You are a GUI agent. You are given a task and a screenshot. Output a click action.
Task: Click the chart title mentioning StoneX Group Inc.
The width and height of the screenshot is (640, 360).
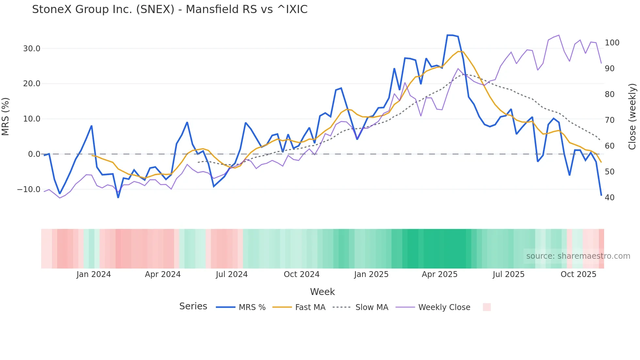170,9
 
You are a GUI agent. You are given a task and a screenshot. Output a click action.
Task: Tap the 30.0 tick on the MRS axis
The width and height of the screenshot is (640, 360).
32,49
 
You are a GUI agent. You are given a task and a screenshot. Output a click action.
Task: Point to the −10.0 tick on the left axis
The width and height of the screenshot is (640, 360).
29,189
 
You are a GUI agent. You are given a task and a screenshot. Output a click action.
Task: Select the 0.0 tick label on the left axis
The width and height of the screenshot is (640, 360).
34,154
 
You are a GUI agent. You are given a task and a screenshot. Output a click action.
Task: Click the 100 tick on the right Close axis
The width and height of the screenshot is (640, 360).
612,43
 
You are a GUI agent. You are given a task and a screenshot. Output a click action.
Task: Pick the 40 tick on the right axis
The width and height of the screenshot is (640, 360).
610,198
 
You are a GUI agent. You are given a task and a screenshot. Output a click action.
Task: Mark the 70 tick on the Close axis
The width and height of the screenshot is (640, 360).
610,120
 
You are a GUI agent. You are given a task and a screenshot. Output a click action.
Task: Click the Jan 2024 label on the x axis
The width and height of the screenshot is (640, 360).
94,274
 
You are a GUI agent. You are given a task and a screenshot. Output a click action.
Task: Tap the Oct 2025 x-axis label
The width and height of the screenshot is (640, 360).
578,274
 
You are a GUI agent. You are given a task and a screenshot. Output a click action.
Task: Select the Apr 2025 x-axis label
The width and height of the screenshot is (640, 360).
440,274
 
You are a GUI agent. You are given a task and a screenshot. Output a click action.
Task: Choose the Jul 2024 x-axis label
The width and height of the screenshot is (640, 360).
232,274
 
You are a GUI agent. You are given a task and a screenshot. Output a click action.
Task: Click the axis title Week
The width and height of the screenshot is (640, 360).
322,292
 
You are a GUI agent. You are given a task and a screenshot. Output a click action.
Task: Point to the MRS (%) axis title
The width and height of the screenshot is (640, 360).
6,117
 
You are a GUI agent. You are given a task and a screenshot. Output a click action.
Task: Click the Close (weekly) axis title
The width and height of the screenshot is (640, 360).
632,117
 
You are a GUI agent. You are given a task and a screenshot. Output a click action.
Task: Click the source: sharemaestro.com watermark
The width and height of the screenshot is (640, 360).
578,256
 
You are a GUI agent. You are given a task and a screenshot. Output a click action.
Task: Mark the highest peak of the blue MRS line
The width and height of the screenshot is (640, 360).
450,35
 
